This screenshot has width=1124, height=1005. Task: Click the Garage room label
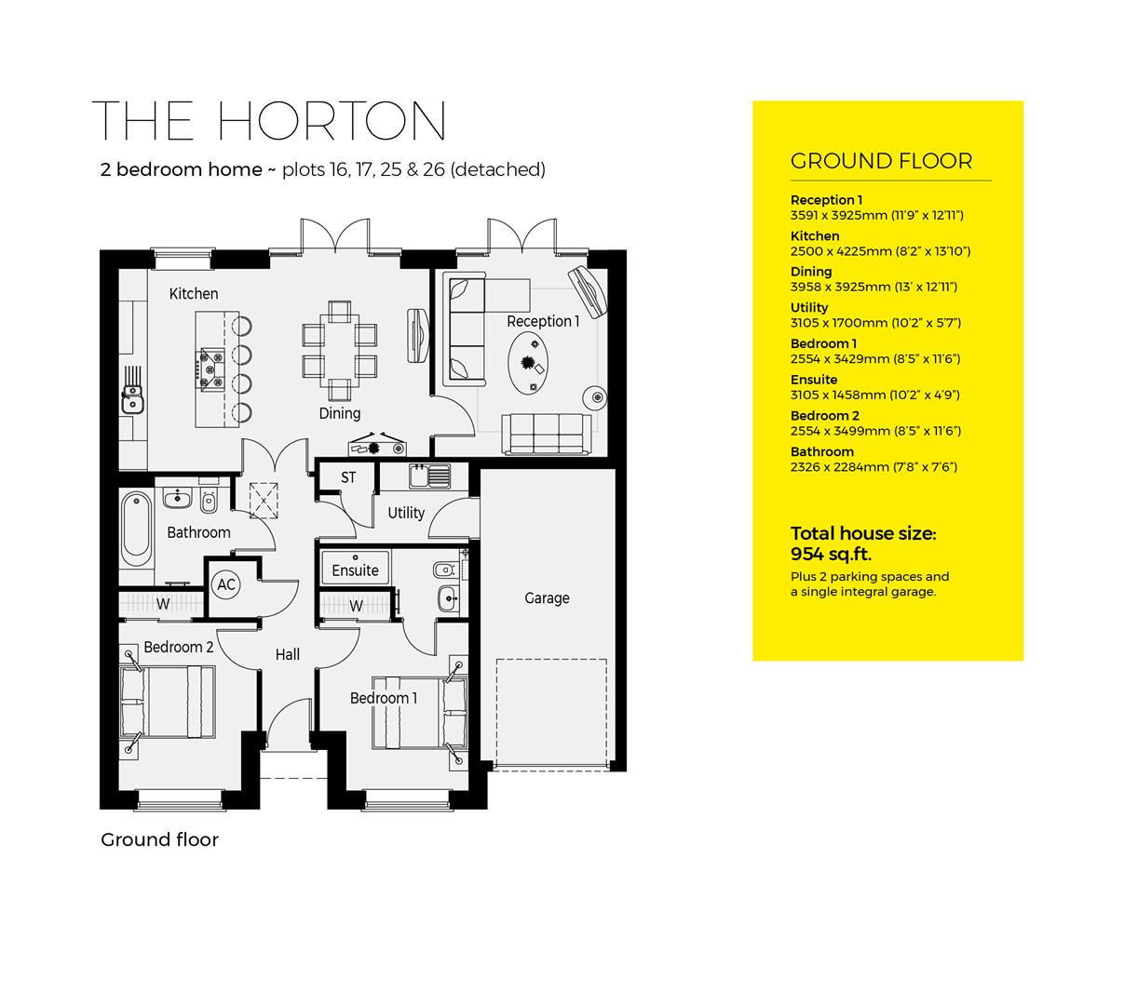(547, 598)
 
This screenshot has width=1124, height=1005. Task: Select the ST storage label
(348, 478)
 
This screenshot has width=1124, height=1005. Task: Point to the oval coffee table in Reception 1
(530, 355)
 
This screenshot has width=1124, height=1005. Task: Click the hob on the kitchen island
(210, 367)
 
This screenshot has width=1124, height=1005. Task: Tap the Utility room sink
(428, 476)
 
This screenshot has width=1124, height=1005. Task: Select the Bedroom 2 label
(179, 647)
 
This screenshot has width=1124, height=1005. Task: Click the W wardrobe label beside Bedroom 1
(356, 607)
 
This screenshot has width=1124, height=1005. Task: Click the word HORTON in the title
(332, 122)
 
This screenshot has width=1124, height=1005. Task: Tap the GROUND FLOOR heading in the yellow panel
(881, 161)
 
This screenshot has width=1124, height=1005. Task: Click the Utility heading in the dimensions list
(808, 307)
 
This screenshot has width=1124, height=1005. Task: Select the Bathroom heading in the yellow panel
(821, 452)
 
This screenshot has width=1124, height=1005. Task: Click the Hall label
(288, 654)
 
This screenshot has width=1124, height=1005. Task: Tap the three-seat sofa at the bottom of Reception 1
(547, 432)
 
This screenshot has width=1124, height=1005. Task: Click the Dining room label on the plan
(340, 413)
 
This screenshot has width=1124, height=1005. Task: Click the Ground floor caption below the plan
(159, 839)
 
